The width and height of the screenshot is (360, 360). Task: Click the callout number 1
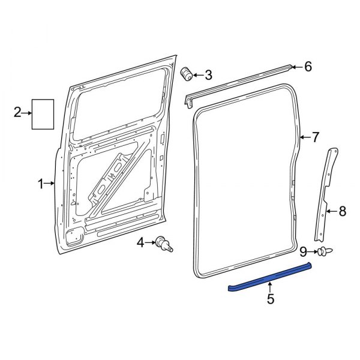click(41, 184)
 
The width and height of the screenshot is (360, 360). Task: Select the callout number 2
click(17, 112)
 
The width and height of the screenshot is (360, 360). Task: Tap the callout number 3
click(208, 75)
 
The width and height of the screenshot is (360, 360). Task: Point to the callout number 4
click(140, 243)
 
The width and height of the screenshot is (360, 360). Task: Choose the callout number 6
click(308, 67)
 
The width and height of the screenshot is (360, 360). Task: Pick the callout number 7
click(316, 138)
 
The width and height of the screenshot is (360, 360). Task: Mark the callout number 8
click(343, 211)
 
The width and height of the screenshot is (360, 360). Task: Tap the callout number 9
click(304, 250)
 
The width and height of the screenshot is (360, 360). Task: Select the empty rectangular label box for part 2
click(43, 113)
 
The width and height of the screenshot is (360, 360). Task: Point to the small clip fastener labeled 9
click(325, 251)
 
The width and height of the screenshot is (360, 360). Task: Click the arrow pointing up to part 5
click(270, 286)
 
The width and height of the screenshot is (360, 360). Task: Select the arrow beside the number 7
click(305, 138)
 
